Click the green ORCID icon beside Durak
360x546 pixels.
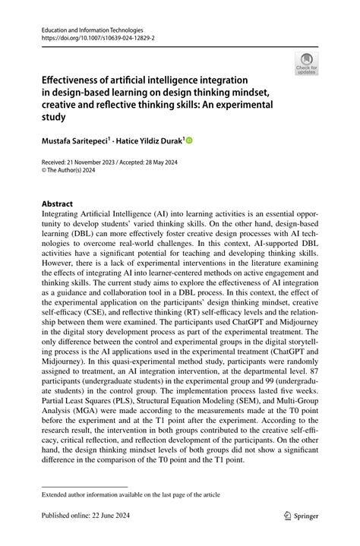coord(189,140)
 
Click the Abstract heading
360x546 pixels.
coord(57,204)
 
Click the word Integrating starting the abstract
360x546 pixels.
coord(62,215)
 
